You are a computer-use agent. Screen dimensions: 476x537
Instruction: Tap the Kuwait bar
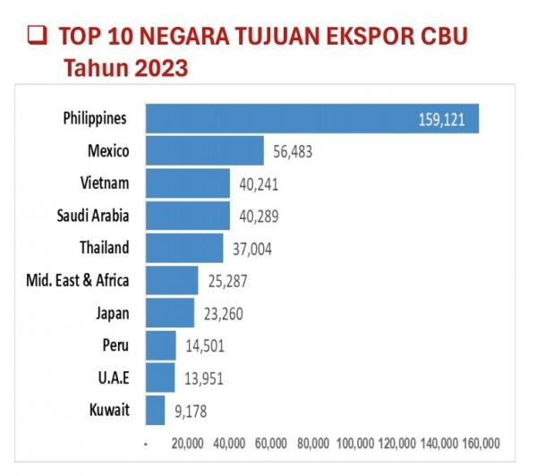(x=155, y=411)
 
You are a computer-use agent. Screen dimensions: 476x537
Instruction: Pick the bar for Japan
(x=169, y=313)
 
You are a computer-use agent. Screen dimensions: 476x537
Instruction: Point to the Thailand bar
(x=183, y=248)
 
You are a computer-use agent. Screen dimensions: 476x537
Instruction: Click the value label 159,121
(x=441, y=120)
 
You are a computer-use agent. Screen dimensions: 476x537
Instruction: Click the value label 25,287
(x=227, y=281)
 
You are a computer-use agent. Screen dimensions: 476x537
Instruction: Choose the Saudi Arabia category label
(x=92, y=216)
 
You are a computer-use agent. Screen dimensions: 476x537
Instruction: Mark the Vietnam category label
(x=105, y=183)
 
